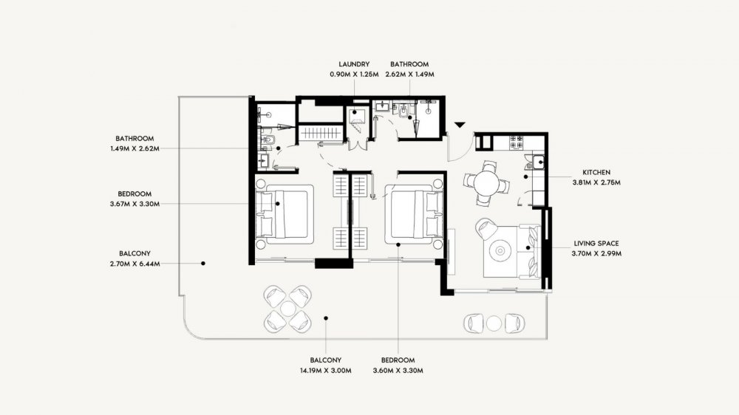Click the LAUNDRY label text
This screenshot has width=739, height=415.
coord(354,64)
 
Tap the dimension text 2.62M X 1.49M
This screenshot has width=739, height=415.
coord(409,75)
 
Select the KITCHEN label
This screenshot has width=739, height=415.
coord(596,172)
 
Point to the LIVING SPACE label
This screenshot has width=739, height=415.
coord(596,244)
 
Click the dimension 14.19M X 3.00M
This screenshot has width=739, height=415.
coord(326,370)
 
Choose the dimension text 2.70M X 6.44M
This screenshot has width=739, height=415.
coord(134,264)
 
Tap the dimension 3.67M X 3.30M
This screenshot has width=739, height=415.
coord(134,204)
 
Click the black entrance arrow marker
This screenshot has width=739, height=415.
coord(460,125)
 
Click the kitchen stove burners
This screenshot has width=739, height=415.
coord(516,143)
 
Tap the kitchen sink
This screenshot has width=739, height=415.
coord(539,162)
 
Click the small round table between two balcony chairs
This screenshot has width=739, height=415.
coord(494,323)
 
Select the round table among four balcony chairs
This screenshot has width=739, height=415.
coord(287,309)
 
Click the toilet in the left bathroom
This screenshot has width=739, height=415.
coord(268,140)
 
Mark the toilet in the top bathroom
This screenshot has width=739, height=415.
coord(404,112)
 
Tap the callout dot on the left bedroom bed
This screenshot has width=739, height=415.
coord(278,204)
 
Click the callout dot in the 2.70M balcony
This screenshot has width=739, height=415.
coord(203,264)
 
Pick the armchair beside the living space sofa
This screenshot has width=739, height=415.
coord(486,228)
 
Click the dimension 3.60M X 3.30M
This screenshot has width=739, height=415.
coord(398,370)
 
